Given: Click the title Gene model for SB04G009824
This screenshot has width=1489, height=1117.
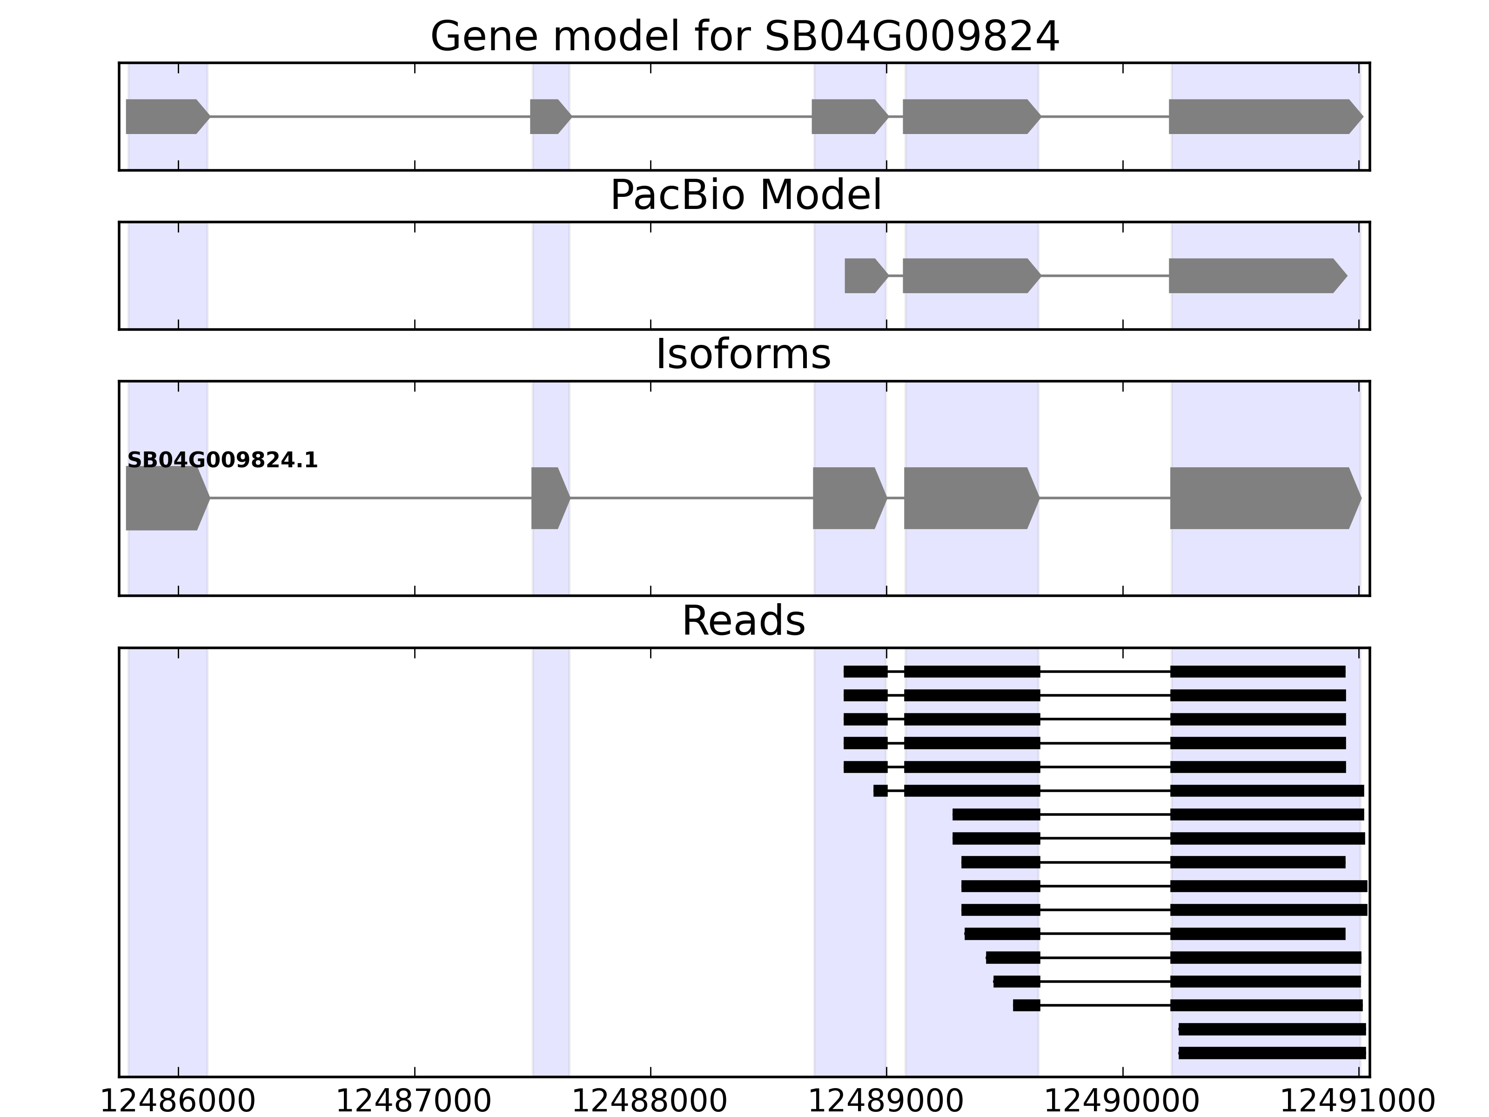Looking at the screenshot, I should pos(744,36).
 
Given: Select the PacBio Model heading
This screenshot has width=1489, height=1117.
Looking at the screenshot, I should pos(745,195).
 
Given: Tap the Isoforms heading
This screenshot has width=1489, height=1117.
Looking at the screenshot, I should pos(743,354).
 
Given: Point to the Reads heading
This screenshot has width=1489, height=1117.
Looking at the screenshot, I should pos(743,621).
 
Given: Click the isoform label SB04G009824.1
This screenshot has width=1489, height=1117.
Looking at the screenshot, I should pos(222,461).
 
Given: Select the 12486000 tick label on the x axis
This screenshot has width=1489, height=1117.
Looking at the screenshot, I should pos(178,1102).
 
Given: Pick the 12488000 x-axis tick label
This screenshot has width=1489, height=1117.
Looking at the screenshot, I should pos(650,1102).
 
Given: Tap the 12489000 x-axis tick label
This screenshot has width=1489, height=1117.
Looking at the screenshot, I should pos(886,1102).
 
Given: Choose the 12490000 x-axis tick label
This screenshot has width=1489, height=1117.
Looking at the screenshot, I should pos(1121,1102).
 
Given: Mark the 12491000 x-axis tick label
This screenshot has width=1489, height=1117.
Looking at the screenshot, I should pos(1357,1102).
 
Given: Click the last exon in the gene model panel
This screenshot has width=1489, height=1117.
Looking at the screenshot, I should pos(1262,116).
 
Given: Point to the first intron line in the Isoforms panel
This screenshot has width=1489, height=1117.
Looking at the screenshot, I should pos(370,498).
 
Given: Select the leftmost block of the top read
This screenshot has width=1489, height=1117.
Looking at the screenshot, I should pos(865,671).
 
